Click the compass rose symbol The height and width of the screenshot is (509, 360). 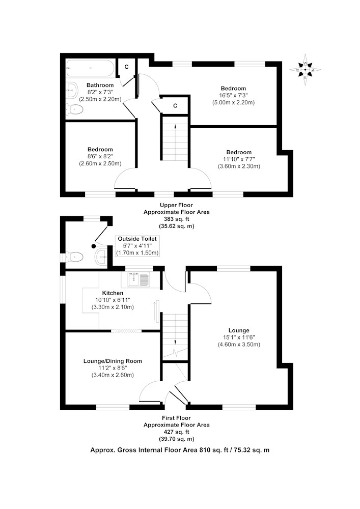click(305, 69)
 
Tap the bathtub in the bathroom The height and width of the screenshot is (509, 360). click(90, 69)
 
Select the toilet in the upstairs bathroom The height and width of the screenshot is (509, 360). click(74, 109)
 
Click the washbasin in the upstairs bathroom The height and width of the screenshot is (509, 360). click(72, 90)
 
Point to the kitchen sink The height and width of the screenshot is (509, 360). click(139, 279)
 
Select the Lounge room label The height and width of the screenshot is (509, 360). click(239, 330)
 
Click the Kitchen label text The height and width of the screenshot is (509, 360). click(113, 293)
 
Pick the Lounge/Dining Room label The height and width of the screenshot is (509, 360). click(113, 361)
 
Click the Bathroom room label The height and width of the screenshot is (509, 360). click(100, 85)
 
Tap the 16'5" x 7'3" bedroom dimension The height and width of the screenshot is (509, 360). click(233, 96)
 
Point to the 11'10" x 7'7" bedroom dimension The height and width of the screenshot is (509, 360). click(239, 159)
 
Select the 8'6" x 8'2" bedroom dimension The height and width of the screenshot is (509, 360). click(100, 156)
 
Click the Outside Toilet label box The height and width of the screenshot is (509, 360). click(137, 246)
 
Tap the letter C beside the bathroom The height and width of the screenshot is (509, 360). click(127, 67)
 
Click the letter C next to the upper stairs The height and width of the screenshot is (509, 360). click(175, 106)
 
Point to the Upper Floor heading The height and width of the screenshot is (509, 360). click(176, 205)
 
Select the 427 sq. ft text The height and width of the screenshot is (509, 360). click(176, 432)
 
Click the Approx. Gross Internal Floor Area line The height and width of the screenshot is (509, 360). click(180, 450)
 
